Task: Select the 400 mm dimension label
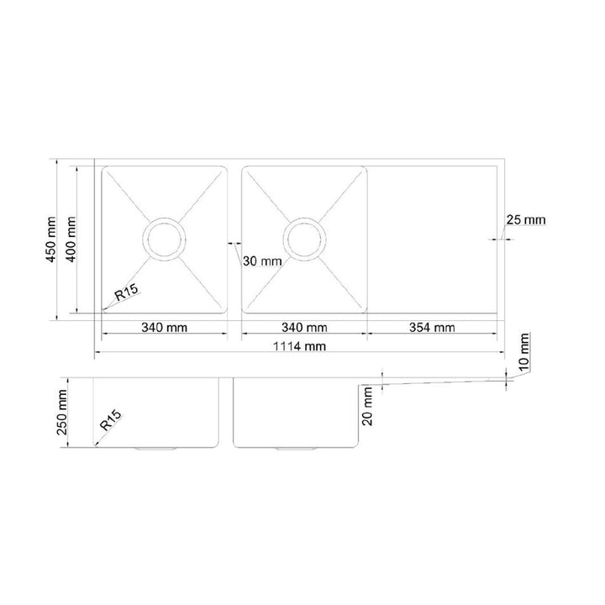(72, 239)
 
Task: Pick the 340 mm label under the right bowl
(304, 327)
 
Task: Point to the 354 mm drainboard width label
(433, 327)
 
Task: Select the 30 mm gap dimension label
(260, 260)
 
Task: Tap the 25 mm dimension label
(525, 220)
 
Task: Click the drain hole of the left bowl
(165, 239)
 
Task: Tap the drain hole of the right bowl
(304, 239)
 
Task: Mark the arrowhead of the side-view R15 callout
(96, 446)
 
